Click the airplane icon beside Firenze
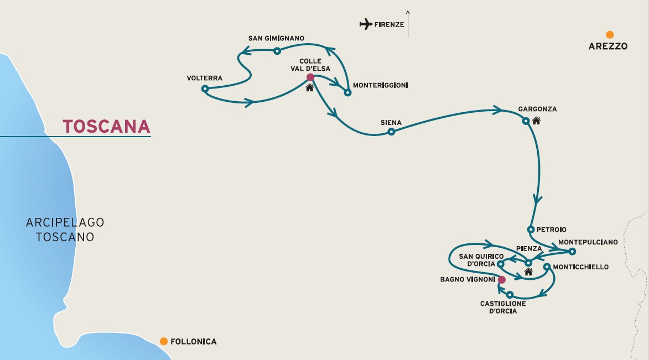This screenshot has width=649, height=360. point(366,24)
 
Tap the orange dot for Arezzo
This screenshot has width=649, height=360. point(610,35)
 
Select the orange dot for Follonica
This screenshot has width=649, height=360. point(164,341)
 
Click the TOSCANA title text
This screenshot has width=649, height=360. point(106,127)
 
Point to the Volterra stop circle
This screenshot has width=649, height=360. point(205,88)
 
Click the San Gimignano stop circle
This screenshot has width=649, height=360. point(277,51)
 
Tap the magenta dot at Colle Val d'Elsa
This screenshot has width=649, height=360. point(310,77)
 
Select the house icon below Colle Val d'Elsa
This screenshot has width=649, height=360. point(310,88)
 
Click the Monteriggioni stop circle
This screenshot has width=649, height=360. point(347,93)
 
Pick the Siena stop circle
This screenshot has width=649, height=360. point(391,132)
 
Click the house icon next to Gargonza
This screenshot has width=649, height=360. point(537,121)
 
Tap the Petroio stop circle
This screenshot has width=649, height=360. point(531,229)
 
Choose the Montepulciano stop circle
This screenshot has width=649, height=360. point(572,251)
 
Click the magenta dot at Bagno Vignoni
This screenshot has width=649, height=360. point(502,280)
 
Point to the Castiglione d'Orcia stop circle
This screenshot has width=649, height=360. point(510,295)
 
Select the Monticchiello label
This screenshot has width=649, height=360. point(581,267)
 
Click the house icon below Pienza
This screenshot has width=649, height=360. point(528,272)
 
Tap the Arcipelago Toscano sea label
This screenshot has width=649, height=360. point(65,229)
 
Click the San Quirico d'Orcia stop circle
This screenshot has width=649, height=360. point(500,264)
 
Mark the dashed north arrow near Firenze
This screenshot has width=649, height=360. point(408,24)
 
